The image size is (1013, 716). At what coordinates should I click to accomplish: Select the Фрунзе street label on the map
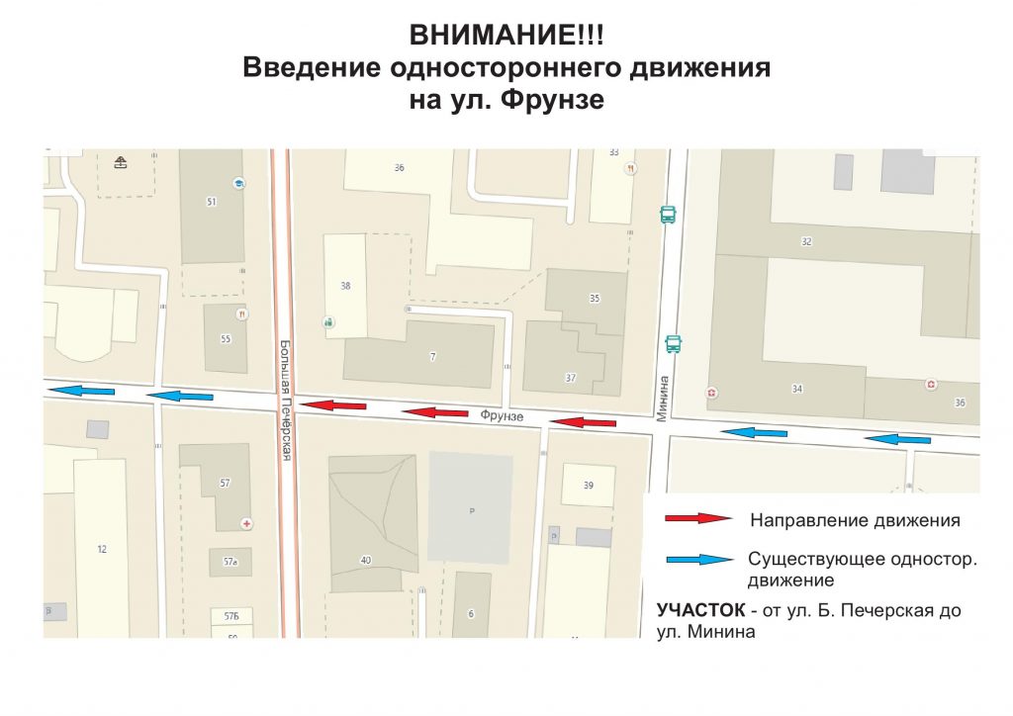502,416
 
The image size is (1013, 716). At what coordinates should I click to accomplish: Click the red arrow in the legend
697,518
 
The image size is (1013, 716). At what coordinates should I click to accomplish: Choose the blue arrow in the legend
697,560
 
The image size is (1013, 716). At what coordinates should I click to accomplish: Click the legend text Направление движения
855,519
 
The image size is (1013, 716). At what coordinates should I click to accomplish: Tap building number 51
211,202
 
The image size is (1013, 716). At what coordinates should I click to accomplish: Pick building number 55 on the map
226,339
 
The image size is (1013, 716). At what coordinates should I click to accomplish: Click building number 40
365,561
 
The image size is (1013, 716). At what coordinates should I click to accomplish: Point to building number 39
589,485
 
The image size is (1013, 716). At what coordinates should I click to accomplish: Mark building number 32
806,241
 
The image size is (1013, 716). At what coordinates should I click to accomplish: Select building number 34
797,389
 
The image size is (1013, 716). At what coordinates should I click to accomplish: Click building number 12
102,549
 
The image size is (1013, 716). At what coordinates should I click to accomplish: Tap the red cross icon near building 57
246,521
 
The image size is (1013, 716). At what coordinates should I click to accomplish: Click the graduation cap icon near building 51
238,183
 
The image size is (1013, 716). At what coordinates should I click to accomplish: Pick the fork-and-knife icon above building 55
242,313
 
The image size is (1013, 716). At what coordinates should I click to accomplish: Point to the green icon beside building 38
328,321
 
